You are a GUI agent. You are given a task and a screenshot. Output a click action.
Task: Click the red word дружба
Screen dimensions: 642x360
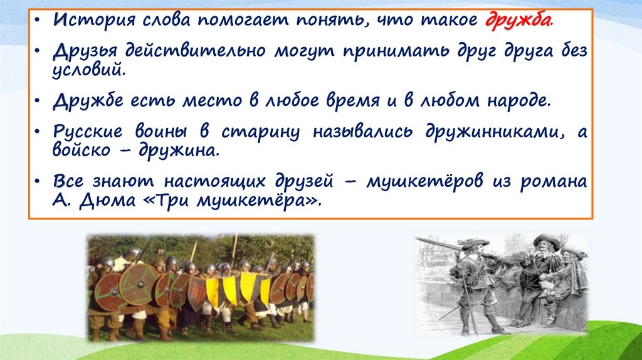pos(518,19)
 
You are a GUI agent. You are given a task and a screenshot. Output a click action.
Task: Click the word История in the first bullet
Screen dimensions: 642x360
pos(94,19)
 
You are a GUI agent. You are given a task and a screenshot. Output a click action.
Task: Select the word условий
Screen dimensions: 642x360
pos(88,70)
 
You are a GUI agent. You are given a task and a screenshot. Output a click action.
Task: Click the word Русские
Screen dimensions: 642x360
pos(87,132)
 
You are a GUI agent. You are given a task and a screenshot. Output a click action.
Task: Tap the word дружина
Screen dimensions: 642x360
pos(179,151)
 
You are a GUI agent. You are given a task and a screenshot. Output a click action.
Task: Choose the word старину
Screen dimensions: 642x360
pos(260,132)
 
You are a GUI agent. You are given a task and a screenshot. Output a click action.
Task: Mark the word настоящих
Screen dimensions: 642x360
pos(216,181)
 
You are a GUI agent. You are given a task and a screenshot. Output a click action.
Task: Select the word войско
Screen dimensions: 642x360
pos(82,151)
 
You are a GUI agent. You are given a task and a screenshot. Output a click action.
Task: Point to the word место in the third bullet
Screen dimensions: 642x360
pos(212,101)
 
